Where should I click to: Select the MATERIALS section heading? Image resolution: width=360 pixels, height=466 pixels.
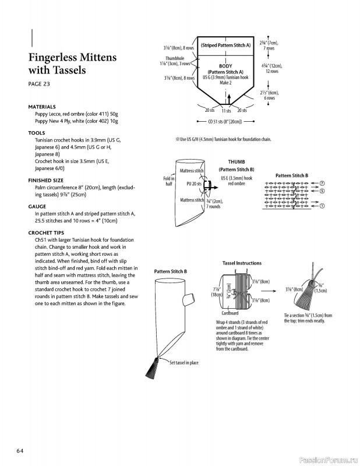pyautogui.click(x=42, y=107)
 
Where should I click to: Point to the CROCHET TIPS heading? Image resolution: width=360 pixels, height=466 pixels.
pyautogui.click(x=48, y=232)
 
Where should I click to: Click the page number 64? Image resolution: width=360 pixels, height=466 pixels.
pyautogui.click(x=20, y=450)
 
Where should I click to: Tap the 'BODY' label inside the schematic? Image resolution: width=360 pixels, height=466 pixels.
pyautogui.click(x=225, y=66)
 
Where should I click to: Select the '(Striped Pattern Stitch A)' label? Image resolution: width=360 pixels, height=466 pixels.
pyautogui.click(x=225, y=45)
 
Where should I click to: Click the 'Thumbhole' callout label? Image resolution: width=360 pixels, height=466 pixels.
pyautogui.click(x=175, y=58)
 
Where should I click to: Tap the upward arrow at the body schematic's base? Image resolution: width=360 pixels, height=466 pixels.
pyautogui.click(x=228, y=96)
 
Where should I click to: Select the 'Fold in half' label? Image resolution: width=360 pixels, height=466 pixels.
pyautogui.click(x=169, y=181)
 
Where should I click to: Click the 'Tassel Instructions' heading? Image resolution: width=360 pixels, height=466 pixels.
pyautogui.click(x=242, y=263)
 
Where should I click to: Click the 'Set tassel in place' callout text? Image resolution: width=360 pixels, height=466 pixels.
pyautogui.click(x=183, y=362)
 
